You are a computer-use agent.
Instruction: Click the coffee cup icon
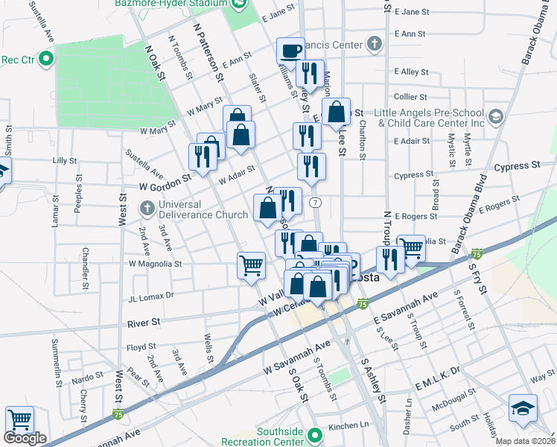point(291,51)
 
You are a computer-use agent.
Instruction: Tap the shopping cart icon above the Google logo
point(19,419)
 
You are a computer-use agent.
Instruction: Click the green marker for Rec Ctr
point(46,58)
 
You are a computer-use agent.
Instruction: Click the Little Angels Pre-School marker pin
point(497,117)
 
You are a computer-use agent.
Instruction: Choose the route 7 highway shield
point(316,203)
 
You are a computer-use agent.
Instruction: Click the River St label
point(144,323)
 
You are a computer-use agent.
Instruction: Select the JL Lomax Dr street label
point(151,295)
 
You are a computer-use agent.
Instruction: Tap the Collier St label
point(410,97)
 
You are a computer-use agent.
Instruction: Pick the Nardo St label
point(88,378)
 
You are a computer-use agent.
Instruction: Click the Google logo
point(25,438)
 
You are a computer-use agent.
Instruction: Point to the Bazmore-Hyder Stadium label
point(171,4)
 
